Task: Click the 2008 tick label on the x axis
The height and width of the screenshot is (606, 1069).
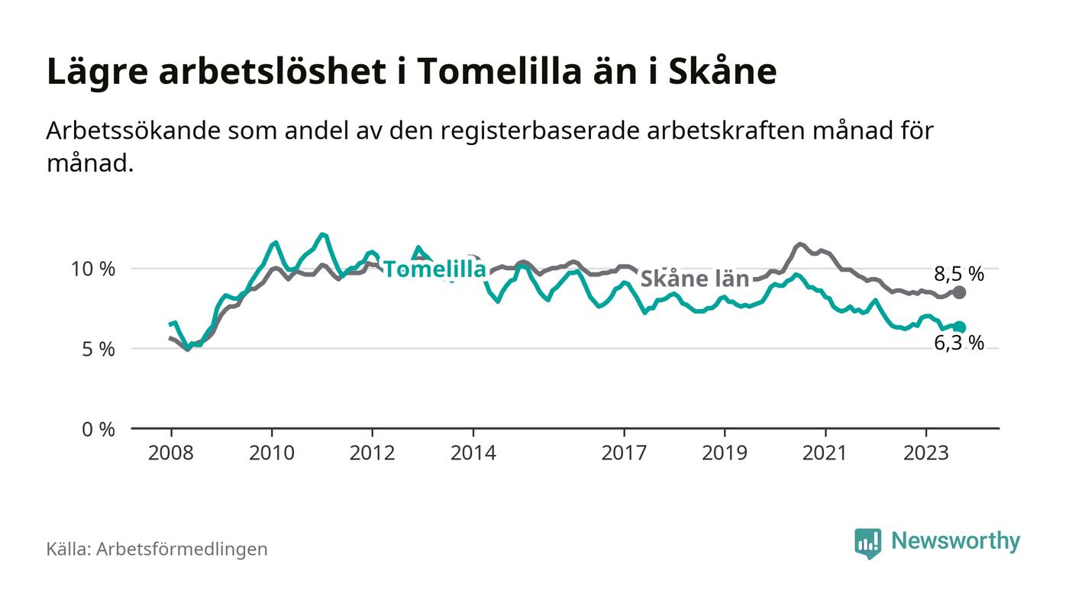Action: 171,453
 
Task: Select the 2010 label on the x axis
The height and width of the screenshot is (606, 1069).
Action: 272,453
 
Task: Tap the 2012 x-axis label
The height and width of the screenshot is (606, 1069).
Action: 373,453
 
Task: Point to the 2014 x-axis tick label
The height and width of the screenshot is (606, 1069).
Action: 473,453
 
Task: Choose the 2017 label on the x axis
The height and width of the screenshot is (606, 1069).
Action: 625,453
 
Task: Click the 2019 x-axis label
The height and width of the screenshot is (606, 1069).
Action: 725,453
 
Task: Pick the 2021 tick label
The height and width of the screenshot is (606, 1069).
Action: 825,453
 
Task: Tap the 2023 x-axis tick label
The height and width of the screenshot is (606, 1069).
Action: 926,453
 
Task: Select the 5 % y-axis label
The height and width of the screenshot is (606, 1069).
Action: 99,350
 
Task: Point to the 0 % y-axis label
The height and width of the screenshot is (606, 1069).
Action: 99,430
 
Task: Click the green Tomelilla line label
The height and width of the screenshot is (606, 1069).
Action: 434,269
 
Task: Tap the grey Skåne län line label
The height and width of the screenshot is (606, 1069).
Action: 694,279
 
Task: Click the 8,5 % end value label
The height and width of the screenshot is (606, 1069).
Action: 959,274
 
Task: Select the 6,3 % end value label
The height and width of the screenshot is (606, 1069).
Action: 959,343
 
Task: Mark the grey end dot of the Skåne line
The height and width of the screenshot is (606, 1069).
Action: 960,292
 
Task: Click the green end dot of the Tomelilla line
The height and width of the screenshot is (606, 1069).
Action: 960,327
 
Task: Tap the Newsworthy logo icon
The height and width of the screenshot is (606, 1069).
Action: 867,543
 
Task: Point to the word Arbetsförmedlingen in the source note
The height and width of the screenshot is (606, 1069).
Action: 182,549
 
